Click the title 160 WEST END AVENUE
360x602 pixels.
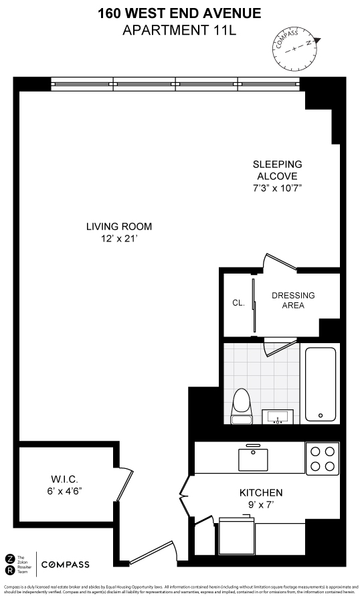(179, 13)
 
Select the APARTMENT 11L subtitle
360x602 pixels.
(179, 29)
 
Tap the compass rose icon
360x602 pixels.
(294, 48)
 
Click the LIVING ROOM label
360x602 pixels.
(119, 226)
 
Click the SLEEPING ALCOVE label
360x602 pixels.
(277, 170)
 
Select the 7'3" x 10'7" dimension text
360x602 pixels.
(277, 188)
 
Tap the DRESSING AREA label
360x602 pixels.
(293, 300)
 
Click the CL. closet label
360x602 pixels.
(238, 303)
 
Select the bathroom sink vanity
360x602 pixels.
(278, 417)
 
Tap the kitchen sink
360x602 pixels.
(253, 460)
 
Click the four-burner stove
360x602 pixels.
(322, 458)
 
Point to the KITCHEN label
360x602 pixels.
(261, 492)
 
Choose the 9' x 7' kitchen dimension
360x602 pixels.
(261, 506)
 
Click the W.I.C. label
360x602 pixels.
(66, 480)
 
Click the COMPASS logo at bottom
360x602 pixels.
(65, 565)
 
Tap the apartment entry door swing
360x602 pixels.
(153, 554)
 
